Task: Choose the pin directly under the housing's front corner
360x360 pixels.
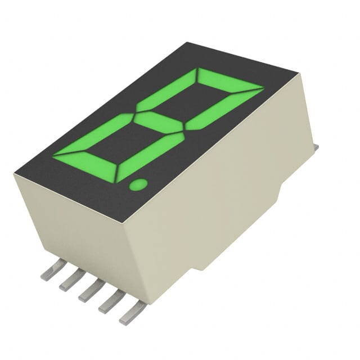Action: click(x=132, y=313)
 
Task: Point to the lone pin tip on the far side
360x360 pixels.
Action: click(x=316, y=147)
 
